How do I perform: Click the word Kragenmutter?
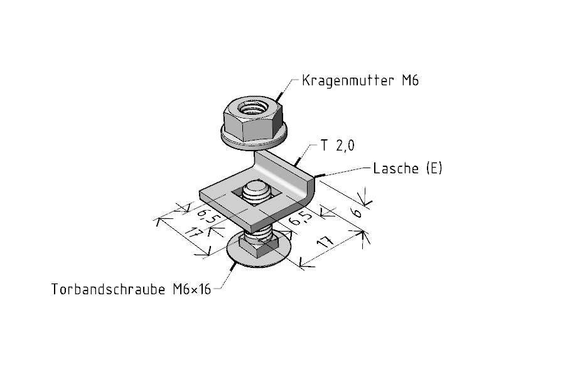pyautogui.click(x=348, y=81)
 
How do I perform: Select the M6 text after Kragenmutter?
pyautogui.click(x=411, y=80)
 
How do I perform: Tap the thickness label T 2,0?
pyautogui.click(x=338, y=146)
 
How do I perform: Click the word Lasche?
pyautogui.click(x=396, y=168)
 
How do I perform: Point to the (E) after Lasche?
pyautogui.click(x=434, y=168)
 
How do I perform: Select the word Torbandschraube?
pyautogui.click(x=109, y=289)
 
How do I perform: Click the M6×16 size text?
pyautogui.click(x=192, y=289)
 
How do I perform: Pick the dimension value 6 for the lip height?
pyautogui.click(x=357, y=213)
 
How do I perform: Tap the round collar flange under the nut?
pyautogui.click(x=254, y=139)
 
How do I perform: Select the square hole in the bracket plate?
pyautogui.click(x=256, y=196)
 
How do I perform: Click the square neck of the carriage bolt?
pyautogui.click(x=259, y=247)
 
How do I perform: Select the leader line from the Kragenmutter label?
pyautogui.click(x=287, y=89)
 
